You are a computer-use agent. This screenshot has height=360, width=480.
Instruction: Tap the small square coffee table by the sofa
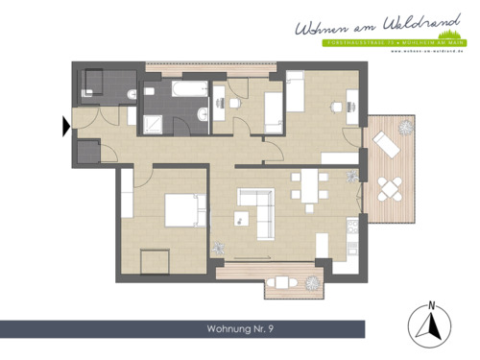241,218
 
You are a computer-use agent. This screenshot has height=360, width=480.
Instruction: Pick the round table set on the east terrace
391,187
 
